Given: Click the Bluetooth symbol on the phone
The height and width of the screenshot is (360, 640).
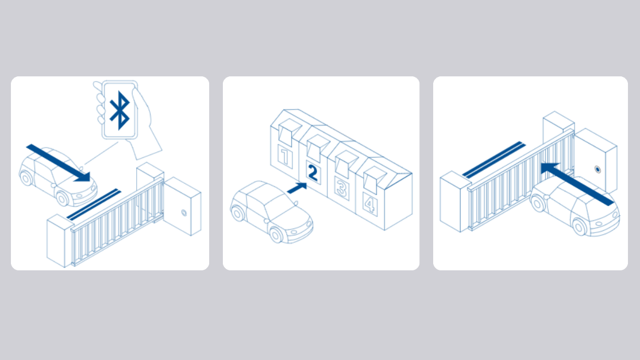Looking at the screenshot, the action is [119, 110].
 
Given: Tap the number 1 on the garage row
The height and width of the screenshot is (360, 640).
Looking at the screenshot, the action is [285, 157].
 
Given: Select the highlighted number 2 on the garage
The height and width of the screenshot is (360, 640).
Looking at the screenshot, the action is [313, 172].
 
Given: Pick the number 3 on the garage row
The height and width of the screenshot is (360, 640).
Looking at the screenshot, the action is [341, 188].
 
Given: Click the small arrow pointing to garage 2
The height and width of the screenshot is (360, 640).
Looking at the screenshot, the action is [297, 188].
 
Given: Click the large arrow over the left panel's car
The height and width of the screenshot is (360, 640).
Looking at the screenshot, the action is [59, 162].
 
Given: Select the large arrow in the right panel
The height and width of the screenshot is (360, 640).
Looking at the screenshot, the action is [577, 184].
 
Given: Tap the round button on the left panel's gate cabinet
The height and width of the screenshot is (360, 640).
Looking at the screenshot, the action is [184, 212].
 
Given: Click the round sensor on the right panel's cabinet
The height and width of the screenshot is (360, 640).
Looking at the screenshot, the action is [597, 169].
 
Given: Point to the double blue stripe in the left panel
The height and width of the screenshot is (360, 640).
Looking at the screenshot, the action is [94, 204].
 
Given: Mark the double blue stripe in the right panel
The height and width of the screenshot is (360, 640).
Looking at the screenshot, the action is [494, 159].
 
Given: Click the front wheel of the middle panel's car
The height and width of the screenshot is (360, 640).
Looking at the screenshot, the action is [276, 235].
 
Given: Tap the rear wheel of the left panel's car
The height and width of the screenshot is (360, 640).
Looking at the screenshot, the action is [26, 178].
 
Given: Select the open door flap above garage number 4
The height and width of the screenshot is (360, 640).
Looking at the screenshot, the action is [375, 179].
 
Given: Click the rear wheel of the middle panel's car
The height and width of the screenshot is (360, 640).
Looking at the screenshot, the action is [237, 213].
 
